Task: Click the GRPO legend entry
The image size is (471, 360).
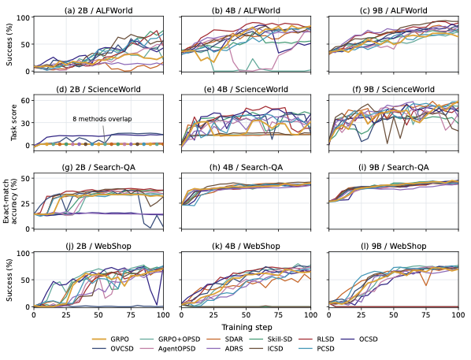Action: click(x=110, y=340)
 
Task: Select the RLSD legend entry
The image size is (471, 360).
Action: click(x=317, y=340)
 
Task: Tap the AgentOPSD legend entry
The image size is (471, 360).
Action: click(x=168, y=349)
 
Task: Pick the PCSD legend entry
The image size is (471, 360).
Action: click(x=317, y=349)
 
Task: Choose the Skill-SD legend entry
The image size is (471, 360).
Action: click(x=271, y=340)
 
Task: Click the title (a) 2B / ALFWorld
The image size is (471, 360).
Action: click(x=98, y=10)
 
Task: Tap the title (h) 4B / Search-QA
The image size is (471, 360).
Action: click(x=246, y=167)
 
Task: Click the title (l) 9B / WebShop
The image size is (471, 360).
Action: click(x=394, y=246)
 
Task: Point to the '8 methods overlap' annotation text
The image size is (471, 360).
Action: click(x=102, y=119)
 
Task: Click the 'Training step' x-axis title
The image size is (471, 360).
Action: click(x=247, y=327)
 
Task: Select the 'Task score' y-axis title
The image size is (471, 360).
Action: click(x=14, y=123)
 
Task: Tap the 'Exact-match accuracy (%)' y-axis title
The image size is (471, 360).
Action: click(x=10, y=202)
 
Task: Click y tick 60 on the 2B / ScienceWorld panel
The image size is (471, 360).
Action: click(x=26, y=100)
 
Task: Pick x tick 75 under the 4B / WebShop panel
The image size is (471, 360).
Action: click(x=279, y=315)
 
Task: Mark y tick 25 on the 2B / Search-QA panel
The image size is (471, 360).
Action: click(x=26, y=203)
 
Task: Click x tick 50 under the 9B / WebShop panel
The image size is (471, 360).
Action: click(x=394, y=315)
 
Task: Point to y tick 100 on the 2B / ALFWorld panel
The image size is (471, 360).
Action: click(x=24, y=17)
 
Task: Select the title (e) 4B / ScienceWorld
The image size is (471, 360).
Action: click(x=246, y=89)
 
